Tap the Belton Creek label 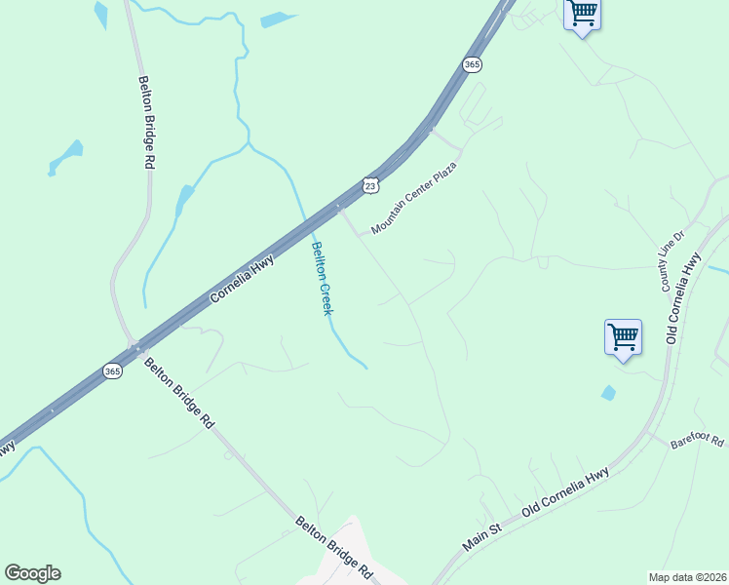pyautogui.click(x=322, y=277)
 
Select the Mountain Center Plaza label pyautogui.click(x=413, y=199)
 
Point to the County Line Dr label pyautogui.click(x=673, y=262)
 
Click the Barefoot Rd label pyautogui.click(x=698, y=442)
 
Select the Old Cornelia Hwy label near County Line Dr pyautogui.click(x=683, y=298)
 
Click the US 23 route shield pyautogui.click(x=369, y=184)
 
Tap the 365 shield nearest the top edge pyautogui.click(x=472, y=64)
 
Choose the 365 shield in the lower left pyautogui.click(x=112, y=371)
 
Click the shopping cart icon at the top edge pyautogui.click(x=582, y=15)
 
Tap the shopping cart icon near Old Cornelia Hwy pyautogui.click(x=623, y=337)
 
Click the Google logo pyautogui.click(x=32, y=573)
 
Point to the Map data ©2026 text pyautogui.click(x=687, y=577)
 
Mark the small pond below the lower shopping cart pyautogui.click(x=609, y=393)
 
